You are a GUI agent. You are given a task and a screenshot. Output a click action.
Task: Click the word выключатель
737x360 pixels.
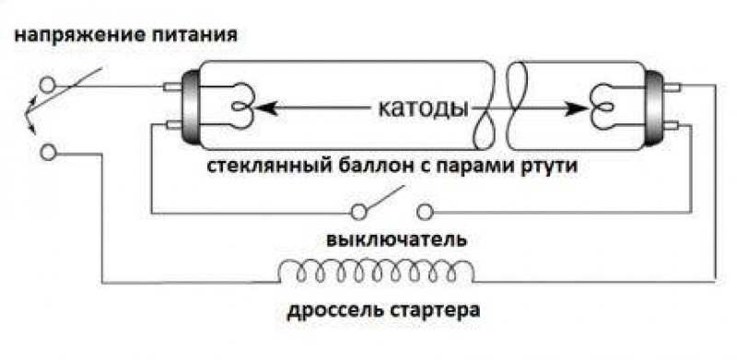(396, 240)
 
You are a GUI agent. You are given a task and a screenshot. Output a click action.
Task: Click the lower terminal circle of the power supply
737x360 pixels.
(47, 152)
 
